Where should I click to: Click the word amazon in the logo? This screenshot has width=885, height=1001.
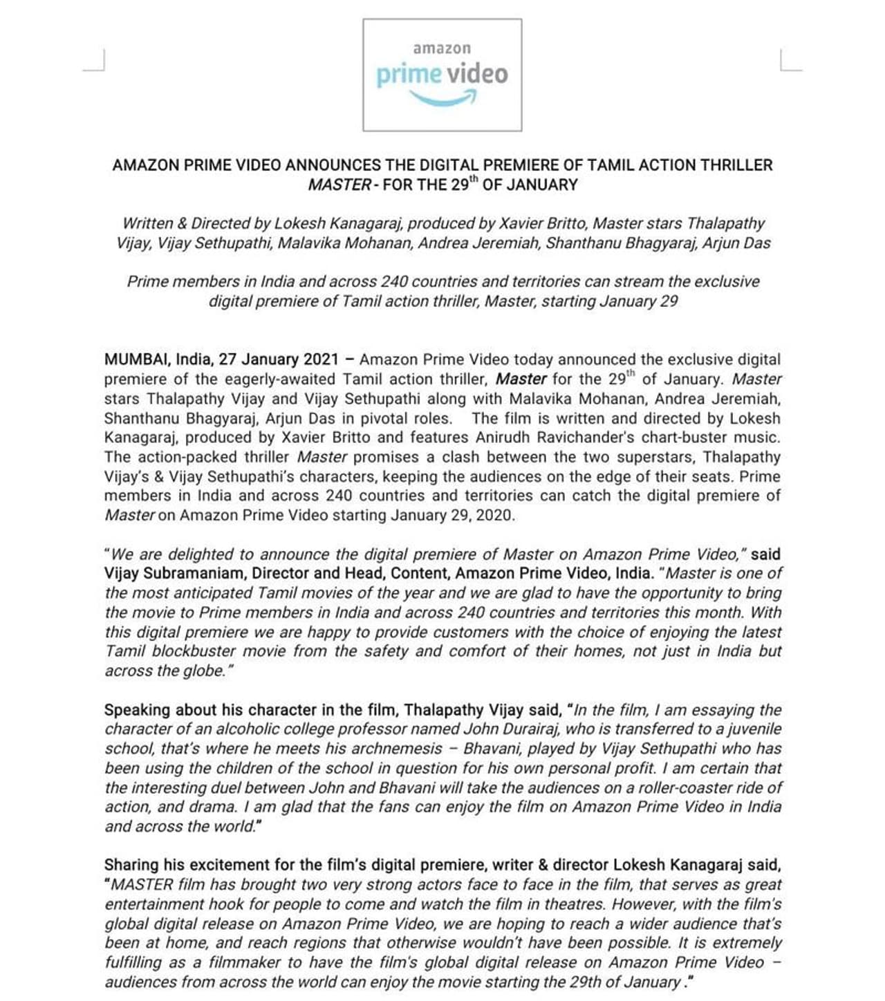pos(442,48)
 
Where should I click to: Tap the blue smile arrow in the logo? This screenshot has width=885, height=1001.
pos(443,100)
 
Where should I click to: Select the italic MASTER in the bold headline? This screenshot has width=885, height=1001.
pos(339,185)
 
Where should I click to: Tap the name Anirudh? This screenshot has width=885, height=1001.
pos(501,438)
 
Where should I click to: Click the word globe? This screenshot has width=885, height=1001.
pos(207,671)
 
